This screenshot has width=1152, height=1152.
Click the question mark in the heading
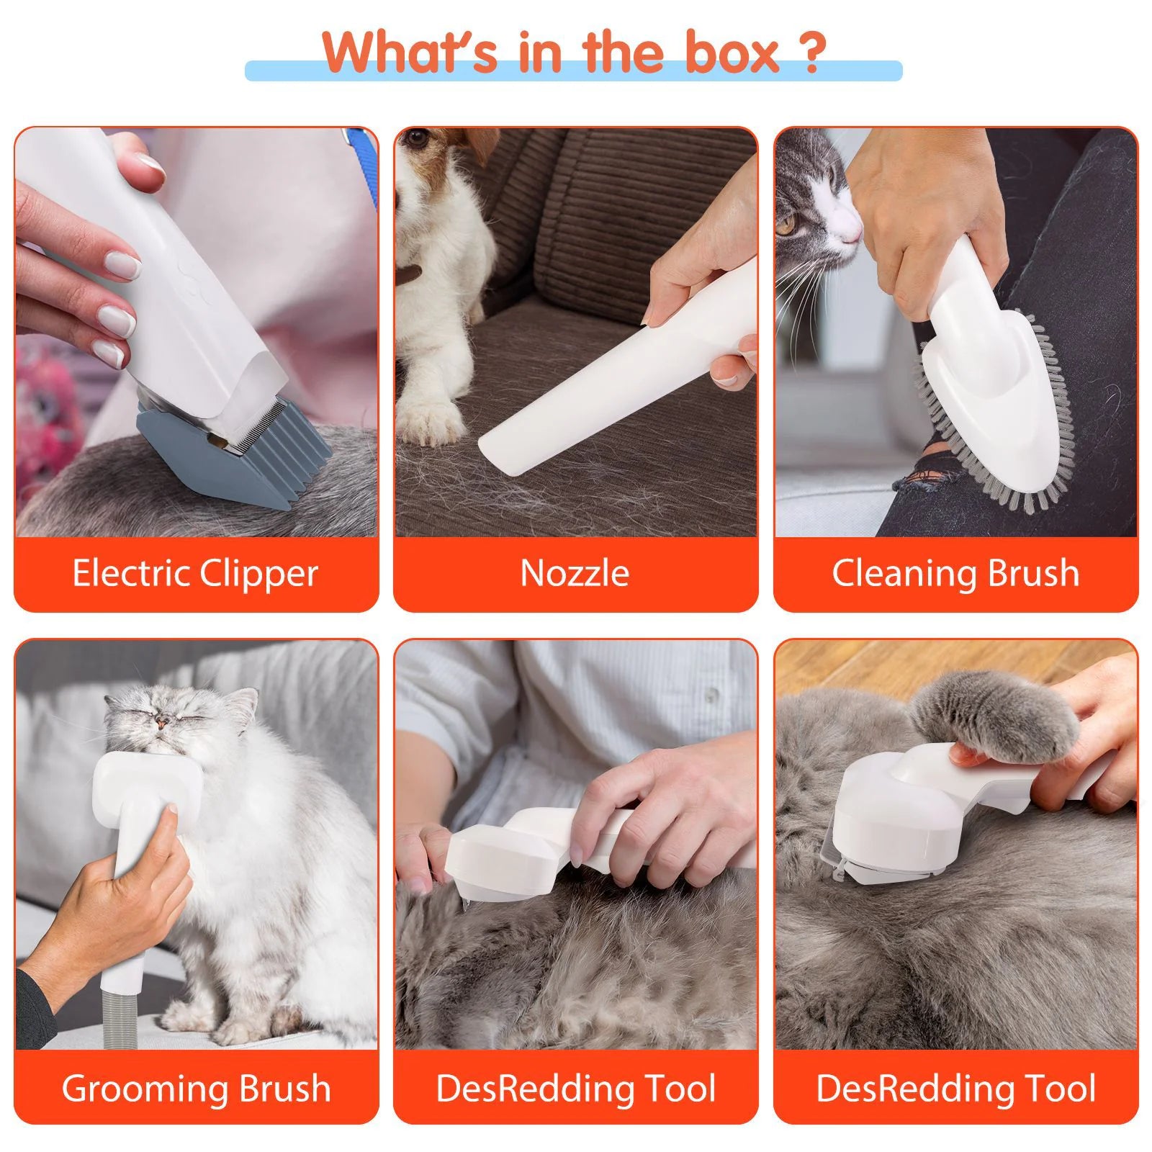click(x=811, y=52)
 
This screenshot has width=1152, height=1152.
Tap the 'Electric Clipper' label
click(x=195, y=574)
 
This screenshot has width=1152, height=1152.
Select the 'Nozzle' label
click(x=575, y=574)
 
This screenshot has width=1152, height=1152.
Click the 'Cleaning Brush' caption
click(x=955, y=574)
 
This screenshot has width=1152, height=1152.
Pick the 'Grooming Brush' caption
click(x=196, y=1088)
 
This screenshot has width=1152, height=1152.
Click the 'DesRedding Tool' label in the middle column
click(x=575, y=1088)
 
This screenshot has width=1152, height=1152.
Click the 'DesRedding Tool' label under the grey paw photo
click(x=955, y=1088)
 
